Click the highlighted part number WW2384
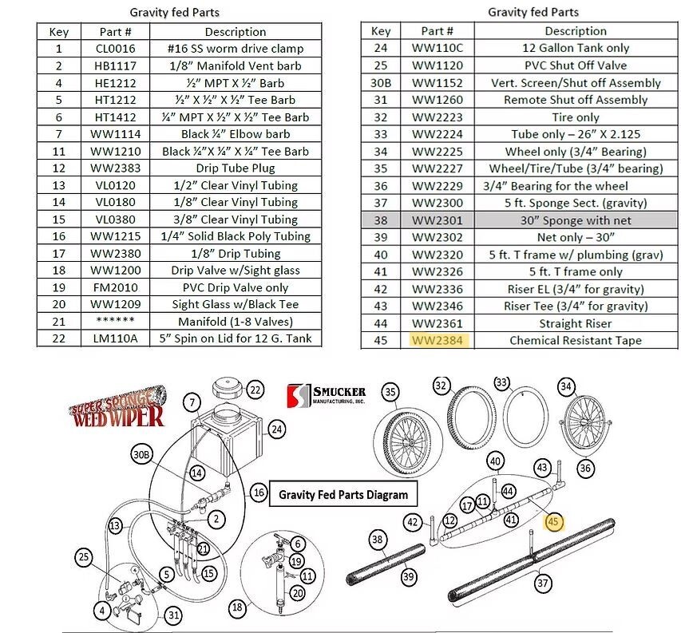coord(437,341)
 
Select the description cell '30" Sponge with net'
coord(576,220)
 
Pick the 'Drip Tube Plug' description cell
coord(235,168)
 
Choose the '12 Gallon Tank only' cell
coord(576,49)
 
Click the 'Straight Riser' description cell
coord(576,323)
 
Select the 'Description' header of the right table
coord(576,31)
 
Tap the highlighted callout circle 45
coord(555,522)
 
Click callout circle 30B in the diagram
coord(141,455)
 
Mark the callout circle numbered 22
coord(255,390)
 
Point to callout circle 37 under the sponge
coord(543,584)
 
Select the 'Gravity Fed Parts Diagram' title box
coord(342,495)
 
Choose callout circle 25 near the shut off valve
coord(84,556)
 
